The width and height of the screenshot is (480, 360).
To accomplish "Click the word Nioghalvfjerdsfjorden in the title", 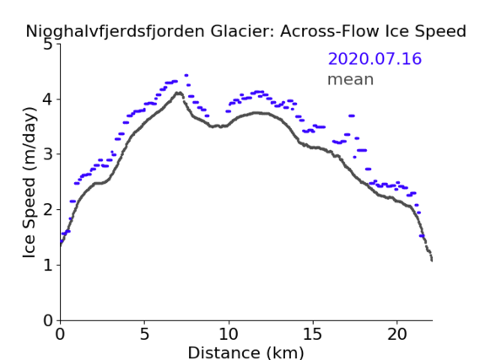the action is (x=115, y=31).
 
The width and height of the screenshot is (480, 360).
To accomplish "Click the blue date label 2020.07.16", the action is (x=375, y=58).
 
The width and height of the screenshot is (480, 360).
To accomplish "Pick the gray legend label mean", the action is (x=351, y=79).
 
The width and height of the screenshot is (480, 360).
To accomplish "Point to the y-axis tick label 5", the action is (x=47, y=45).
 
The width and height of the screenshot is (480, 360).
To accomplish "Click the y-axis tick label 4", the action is (x=47, y=99).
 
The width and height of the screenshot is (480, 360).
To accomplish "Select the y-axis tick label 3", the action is (x=47, y=154).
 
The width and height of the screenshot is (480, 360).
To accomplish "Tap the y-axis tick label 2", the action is (x=47, y=210).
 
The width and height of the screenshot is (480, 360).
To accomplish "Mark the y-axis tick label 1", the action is (x=48, y=265).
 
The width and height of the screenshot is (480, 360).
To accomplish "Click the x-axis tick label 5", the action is (x=144, y=335).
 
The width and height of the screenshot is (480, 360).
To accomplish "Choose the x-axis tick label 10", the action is (x=229, y=335).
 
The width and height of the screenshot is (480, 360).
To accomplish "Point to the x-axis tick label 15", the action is (x=313, y=335).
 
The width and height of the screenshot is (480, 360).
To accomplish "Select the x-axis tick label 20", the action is (x=396, y=335).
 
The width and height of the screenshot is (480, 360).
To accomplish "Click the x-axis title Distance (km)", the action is (x=245, y=352).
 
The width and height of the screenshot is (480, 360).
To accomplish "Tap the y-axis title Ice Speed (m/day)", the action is (x=30, y=183).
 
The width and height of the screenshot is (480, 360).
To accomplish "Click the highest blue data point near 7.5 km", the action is (x=186, y=75).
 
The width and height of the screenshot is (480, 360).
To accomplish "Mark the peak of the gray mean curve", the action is (x=179, y=93).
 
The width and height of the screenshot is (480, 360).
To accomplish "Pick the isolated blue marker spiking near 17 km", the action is (x=352, y=116).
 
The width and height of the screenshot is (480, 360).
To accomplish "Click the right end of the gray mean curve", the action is (x=432, y=261).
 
